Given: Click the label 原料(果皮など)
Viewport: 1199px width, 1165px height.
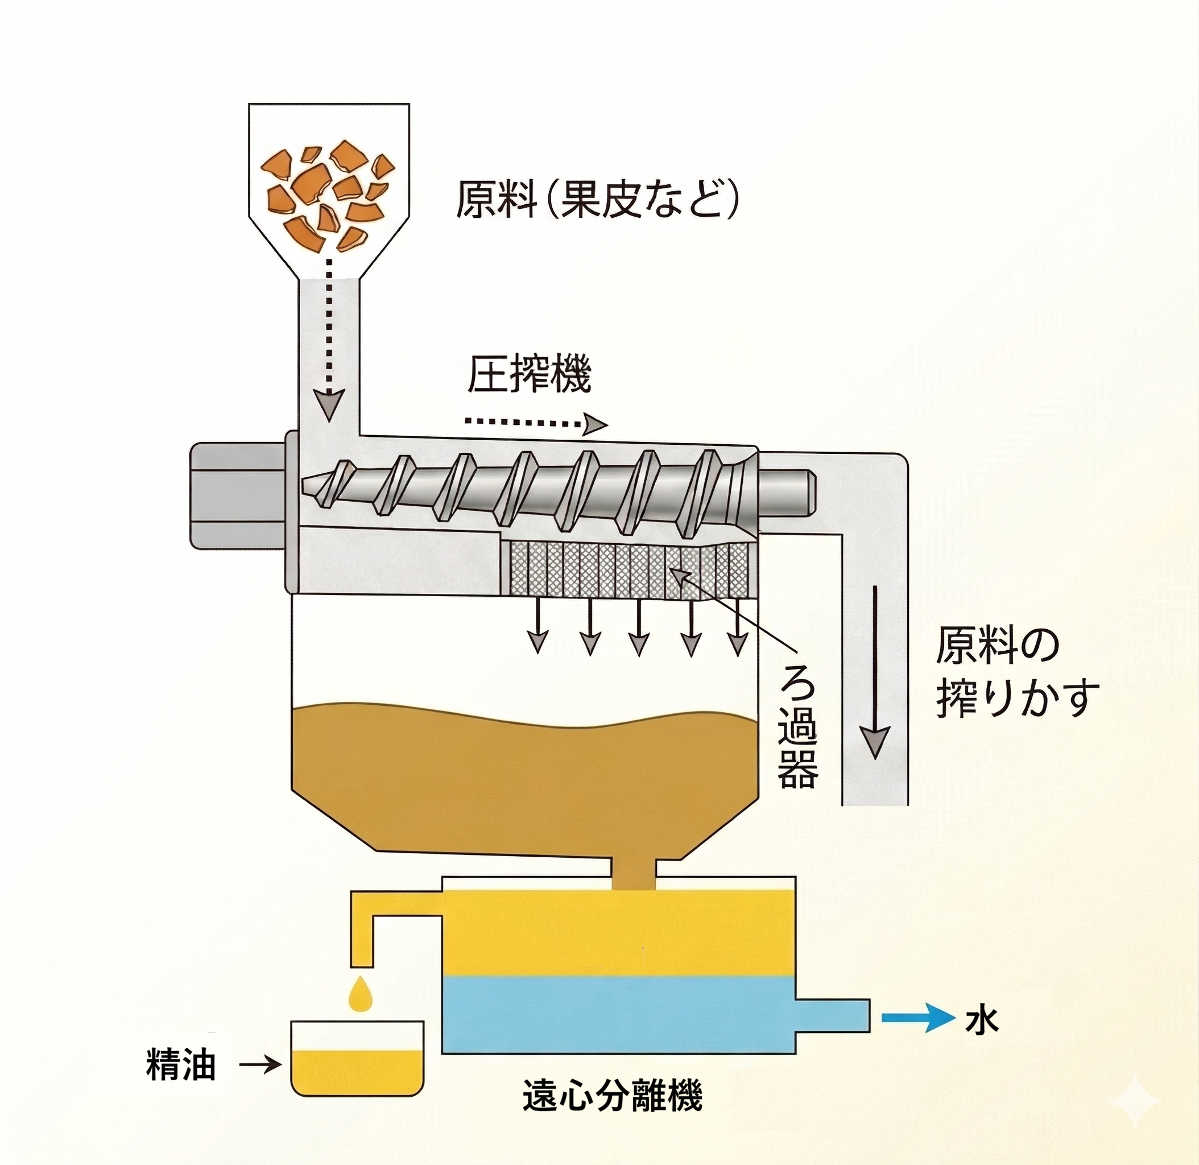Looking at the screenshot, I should (x=597, y=200).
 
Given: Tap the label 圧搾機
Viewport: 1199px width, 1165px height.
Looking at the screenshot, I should (x=529, y=375).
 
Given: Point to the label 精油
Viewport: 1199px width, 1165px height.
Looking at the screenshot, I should (x=181, y=1065).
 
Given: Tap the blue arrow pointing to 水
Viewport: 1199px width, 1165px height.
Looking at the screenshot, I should (x=916, y=1018).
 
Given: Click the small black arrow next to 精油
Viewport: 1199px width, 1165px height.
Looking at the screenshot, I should (x=261, y=1065).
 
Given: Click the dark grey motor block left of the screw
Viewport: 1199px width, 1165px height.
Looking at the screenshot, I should (x=238, y=495).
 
